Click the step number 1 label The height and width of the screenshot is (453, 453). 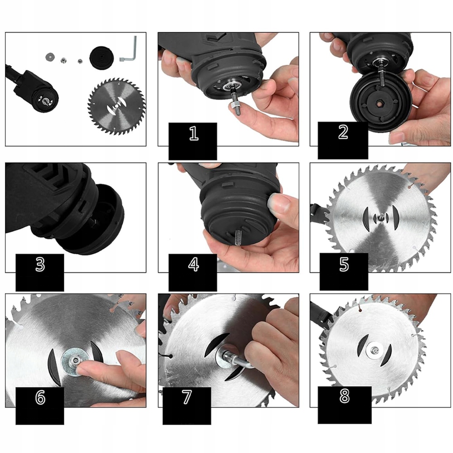coord(194,133)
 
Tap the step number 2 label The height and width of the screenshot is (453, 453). coord(343,132)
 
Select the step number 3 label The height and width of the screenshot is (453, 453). coord(40,264)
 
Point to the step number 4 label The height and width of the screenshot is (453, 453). coord(193,264)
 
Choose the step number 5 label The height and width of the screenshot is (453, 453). coord(344,264)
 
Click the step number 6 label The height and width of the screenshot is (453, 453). coord(40,397)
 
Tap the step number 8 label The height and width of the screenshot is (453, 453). coord(344,396)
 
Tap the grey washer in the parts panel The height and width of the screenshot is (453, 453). coord(50,56)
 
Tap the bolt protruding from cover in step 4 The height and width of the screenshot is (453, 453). coord(239,237)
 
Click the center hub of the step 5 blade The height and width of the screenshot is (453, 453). coord(380,219)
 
